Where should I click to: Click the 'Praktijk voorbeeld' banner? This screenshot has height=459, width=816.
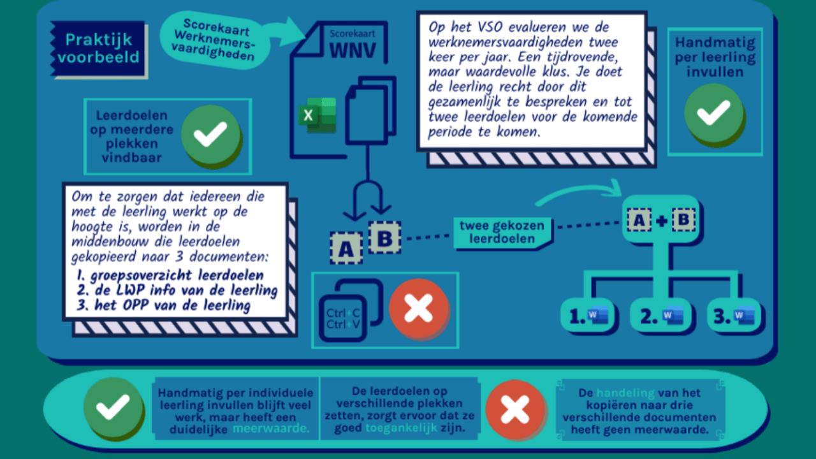[98, 49]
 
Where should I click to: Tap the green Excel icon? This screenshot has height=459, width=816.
[317, 115]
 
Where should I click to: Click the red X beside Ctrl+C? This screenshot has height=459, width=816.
[419, 309]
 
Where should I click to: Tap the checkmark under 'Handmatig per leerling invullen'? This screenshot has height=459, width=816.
[714, 113]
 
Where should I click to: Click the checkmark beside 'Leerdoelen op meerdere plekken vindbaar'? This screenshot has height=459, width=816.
[210, 135]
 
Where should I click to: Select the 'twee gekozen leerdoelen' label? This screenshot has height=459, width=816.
[503, 232]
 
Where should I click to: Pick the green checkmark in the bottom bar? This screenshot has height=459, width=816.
[113, 407]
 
